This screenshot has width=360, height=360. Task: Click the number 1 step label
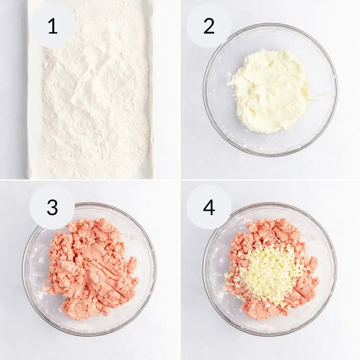pos(52,26)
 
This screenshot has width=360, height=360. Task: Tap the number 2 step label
pos(209,26)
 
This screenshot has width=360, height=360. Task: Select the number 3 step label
pos(52,207)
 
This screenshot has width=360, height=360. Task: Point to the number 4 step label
pos(209,207)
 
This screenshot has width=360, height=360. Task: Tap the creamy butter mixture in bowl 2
pos(270,90)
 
